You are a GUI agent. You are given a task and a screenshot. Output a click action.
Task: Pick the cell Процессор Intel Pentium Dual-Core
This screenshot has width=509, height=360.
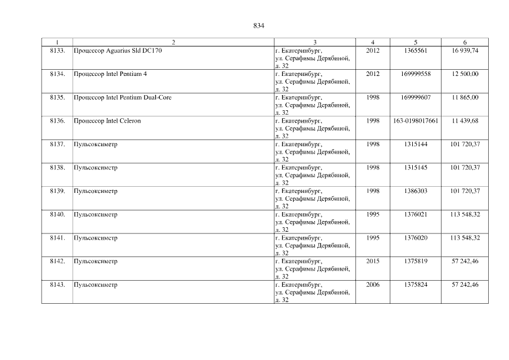(123, 97)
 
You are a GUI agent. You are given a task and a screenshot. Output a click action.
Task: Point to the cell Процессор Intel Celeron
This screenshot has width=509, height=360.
(106, 121)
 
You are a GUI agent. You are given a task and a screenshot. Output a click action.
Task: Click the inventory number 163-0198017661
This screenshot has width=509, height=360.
(416, 121)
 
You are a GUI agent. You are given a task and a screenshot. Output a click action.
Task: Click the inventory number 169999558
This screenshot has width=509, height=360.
(416, 74)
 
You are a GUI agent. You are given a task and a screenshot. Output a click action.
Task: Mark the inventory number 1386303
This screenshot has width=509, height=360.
(416, 191)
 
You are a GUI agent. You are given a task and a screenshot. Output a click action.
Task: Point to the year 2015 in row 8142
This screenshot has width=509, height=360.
(372, 262)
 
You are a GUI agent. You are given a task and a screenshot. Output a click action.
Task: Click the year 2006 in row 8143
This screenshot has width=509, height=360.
(372, 285)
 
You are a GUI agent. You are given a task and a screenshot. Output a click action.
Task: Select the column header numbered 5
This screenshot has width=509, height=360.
(416, 42)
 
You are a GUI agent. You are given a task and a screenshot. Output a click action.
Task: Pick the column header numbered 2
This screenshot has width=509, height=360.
(173, 42)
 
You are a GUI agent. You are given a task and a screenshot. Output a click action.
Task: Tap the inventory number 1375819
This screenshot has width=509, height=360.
(416, 262)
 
